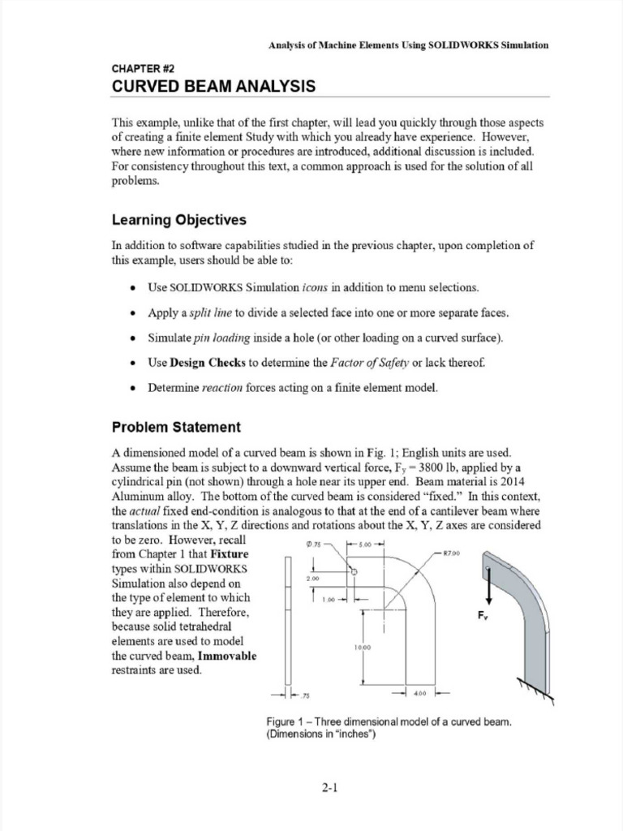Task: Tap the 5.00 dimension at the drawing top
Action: pyautogui.click(x=363, y=545)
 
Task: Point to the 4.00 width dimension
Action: pyautogui.click(x=420, y=694)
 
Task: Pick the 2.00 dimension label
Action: pyautogui.click(x=313, y=579)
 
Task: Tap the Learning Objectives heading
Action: pyautogui.click(x=178, y=221)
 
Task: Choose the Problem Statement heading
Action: pyautogui.click(x=176, y=427)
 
